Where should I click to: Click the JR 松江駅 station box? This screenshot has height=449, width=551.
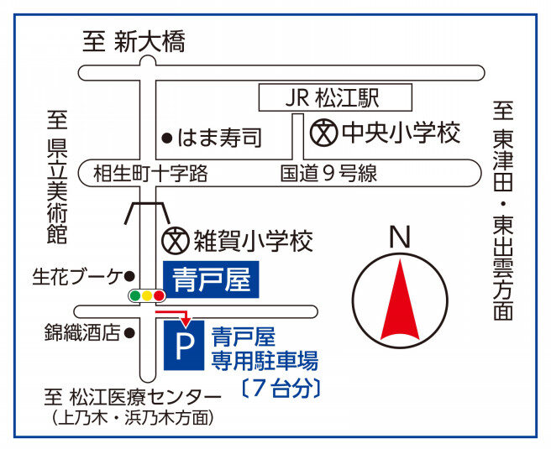pos(335,97)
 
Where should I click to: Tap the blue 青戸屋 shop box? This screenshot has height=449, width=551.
pos(211,279)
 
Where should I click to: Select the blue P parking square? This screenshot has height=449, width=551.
pos(184,345)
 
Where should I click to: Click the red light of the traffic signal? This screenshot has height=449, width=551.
pos(160,295)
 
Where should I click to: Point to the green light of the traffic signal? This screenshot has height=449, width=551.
pos(135,295)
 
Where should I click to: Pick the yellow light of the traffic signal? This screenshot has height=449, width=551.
pos(147,295)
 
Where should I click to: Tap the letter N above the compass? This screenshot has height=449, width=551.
pos(400,238)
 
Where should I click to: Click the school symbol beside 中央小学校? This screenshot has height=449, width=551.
pos(323,133)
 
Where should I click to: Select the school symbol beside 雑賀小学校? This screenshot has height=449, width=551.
pos(175,241)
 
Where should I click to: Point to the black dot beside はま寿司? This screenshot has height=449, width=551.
pos(167,138)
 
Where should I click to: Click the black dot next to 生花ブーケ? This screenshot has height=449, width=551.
pos(129,276)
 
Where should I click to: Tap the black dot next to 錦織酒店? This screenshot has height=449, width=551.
pos(129,333)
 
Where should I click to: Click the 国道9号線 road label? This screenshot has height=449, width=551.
pos(328,174)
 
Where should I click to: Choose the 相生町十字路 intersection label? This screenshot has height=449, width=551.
pos(150,174)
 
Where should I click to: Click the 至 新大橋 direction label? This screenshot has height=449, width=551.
pos(134,41)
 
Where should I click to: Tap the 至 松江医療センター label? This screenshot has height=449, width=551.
pos(133,398)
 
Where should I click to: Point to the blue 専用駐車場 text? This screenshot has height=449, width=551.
pos(265,360)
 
